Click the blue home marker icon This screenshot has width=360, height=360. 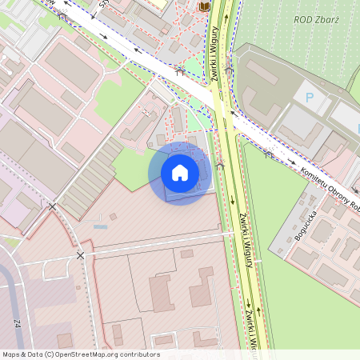(x=180, y=173)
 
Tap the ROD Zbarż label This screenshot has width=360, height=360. (x=316, y=20)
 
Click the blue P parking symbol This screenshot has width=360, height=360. (x=308, y=98)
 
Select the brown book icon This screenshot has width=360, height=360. (x=205, y=6)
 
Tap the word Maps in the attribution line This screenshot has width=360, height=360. (x=11, y=354)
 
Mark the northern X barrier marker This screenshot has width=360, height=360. (x=53, y=207)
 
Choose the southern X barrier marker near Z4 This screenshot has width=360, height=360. (x=80, y=255)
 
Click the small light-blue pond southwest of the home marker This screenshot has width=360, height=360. (x=101, y=227)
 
